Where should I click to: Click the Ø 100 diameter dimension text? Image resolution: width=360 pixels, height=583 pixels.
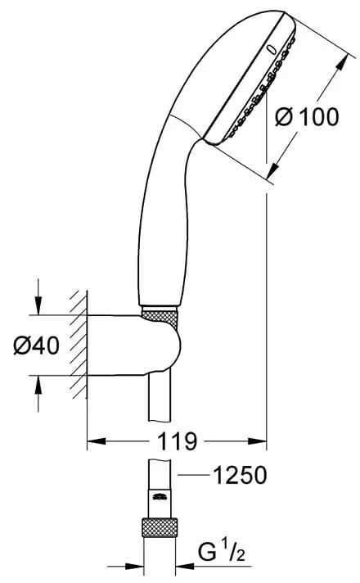click(307, 117)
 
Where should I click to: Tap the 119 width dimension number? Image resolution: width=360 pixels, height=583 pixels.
click(177, 443)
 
